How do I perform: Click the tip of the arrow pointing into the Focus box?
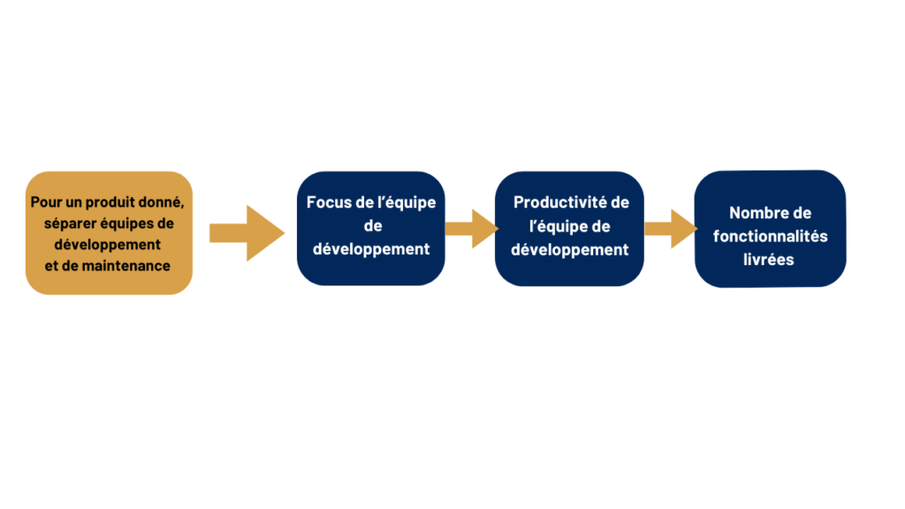285,233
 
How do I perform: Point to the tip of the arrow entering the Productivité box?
498,229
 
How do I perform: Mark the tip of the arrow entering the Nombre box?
698,229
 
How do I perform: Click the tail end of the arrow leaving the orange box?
209,233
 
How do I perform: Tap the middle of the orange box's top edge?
109,171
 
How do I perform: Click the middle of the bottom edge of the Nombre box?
770,287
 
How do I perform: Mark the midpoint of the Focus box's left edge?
297,229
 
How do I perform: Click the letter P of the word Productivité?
518,202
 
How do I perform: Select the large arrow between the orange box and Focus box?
247,233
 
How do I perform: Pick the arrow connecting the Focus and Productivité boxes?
472,229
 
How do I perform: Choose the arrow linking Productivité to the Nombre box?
672,229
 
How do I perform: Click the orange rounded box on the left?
109,233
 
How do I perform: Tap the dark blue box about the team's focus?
371,229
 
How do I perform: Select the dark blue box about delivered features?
770,229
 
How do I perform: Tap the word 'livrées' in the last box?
768,260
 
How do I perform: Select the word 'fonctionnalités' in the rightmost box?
770,236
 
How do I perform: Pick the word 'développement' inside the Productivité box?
570,250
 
